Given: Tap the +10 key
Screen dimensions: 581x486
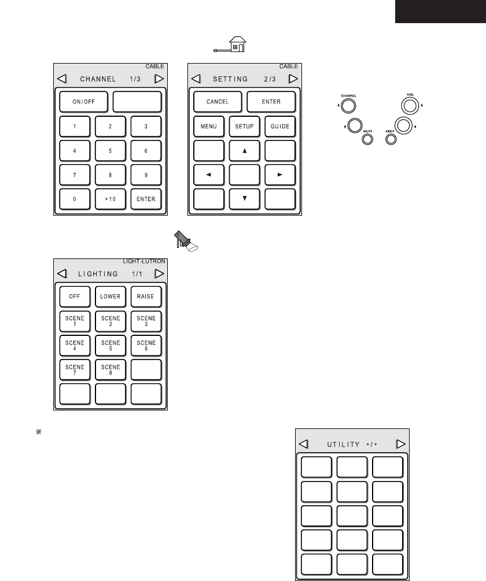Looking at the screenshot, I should coord(111,199).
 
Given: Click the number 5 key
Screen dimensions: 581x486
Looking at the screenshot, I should coord(111,150).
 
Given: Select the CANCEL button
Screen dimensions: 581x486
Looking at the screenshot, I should coord(218,102).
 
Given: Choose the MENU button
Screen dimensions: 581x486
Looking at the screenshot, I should coord(208,126).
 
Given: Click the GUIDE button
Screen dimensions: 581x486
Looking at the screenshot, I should coord(281,126).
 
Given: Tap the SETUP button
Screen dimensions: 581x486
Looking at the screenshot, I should coord(245,126).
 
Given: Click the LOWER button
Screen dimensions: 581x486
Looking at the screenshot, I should coord(111,297).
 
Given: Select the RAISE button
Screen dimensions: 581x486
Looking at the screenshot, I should coord(146,297).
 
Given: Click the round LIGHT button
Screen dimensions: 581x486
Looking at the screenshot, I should coord(391,139).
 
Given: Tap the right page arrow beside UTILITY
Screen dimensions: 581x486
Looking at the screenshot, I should coord(400,444).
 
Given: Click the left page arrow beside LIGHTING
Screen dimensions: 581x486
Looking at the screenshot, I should coord(62,273).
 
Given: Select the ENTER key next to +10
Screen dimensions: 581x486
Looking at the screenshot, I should coord(146,199).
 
